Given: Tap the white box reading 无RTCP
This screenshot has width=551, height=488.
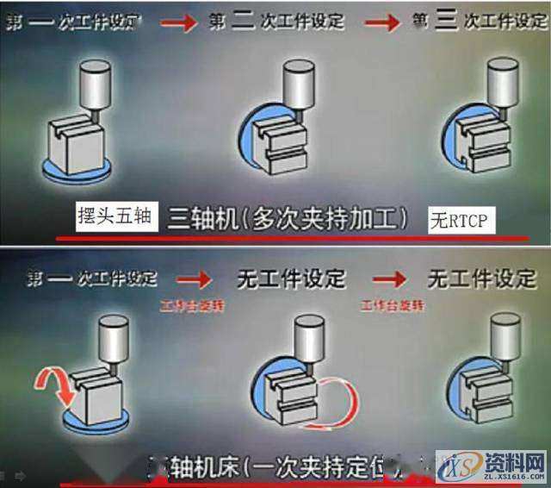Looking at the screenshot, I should coord(457,222).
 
